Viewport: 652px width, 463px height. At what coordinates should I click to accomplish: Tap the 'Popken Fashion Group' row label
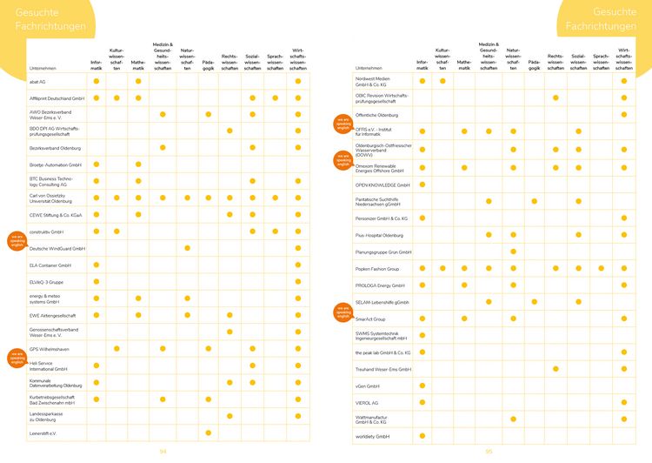point(377,269)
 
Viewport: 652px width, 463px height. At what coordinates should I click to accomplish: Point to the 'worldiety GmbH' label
point(372,435)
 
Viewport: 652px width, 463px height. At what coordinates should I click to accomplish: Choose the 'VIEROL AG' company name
point(367,402)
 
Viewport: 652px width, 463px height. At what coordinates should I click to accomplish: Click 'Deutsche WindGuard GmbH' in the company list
point(57,248)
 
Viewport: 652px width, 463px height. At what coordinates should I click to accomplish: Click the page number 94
point(163,451)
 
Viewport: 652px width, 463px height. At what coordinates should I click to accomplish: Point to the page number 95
point(489,451)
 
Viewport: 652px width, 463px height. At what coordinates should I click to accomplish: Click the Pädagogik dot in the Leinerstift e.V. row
point(208,433)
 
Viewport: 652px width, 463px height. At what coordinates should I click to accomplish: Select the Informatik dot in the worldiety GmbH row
point(422,435)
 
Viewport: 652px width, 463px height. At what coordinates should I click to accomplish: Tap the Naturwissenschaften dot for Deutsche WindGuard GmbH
point(187,248)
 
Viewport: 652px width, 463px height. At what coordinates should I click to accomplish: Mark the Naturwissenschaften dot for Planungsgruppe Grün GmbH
point(513,252)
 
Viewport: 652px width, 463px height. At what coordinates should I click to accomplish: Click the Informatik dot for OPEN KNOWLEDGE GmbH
point(422,185)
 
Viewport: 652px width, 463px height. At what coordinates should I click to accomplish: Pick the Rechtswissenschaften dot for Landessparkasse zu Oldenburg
point(230,416)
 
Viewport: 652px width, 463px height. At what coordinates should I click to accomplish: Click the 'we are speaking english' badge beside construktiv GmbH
point(17,241)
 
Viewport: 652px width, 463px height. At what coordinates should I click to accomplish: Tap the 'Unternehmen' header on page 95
point(369,68)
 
